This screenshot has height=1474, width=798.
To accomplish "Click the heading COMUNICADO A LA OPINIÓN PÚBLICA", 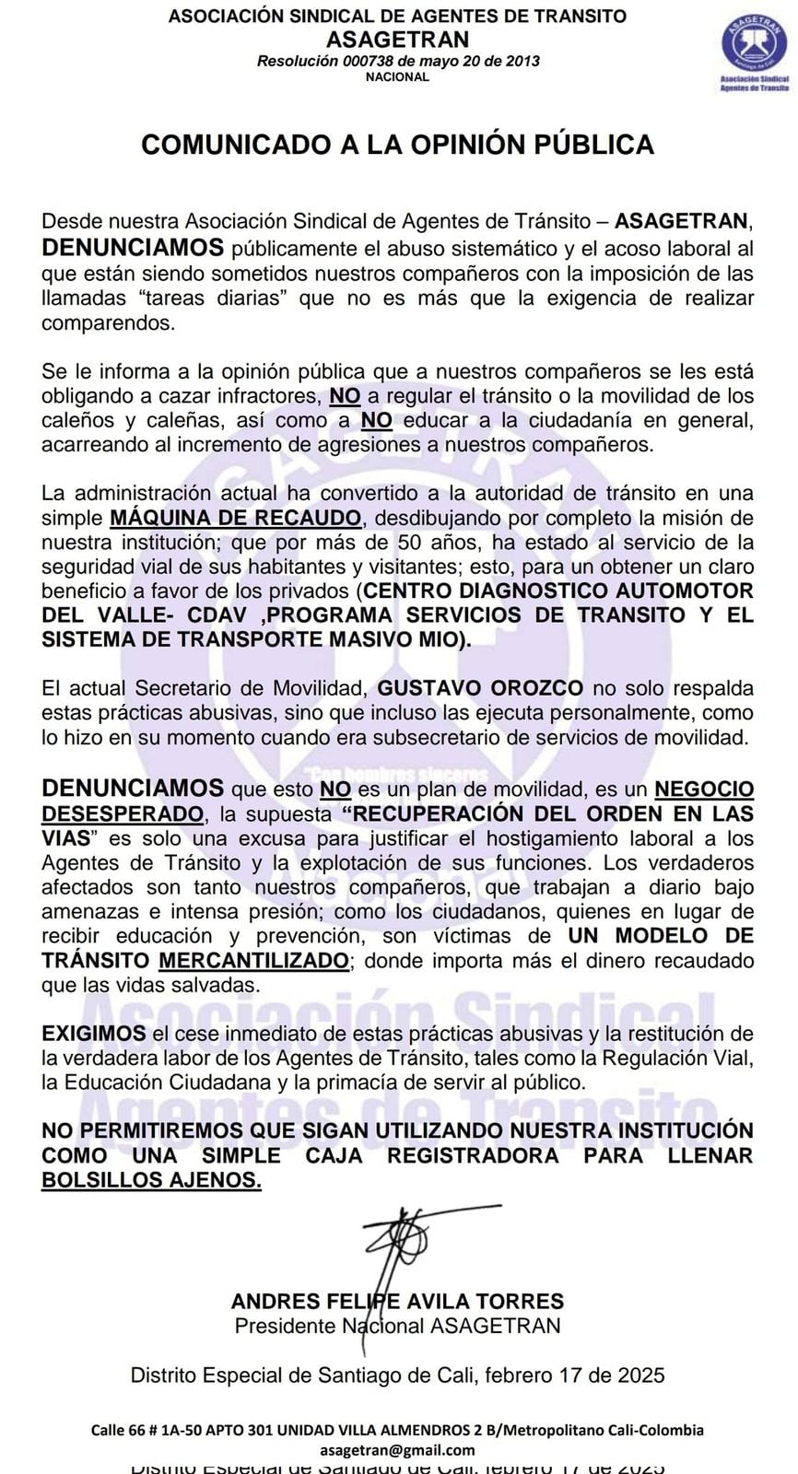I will pyautogui.click(x=397, y=145).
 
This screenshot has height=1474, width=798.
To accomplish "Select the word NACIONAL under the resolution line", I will pyautogui.click(x=397, y=77).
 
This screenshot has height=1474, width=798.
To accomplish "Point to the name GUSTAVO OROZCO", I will pyautogui.click(x=480, y=688).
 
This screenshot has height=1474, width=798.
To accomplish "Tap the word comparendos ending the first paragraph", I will pyautogui.click(x=107, y=323).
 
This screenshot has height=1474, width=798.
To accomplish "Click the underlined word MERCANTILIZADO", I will pyautogui.click(x=253, y=960).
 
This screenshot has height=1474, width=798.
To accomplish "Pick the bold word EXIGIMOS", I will pyautogui.click(x=94, y=1034).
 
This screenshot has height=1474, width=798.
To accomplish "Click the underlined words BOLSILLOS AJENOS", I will pyautogui.click(x=151, y=1180).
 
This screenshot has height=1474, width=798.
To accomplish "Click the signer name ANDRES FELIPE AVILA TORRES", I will pyautogui.click(x=397, y=1302).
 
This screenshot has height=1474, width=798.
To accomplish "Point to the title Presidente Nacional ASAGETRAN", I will pyautogui.click(x=397, y=1326).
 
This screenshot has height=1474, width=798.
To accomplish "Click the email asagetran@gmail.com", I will pyautogui.click(x=397, y=1449).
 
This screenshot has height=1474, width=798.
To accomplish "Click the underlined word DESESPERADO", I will pyautogui.click(x=123, y=814).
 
